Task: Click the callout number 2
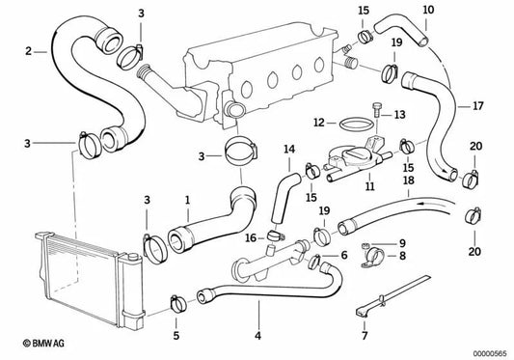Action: click(x=28, y=51)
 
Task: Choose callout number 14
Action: click(x=287, y=149)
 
